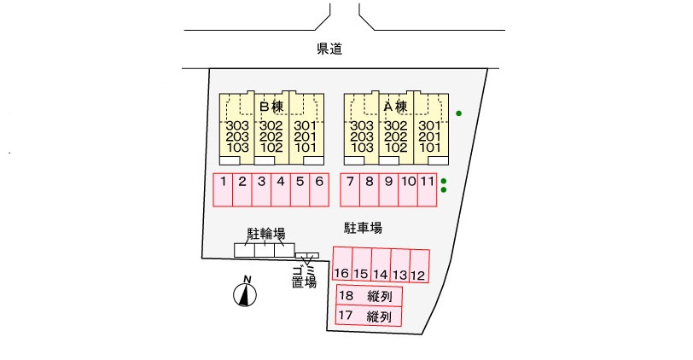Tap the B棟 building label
pos(271,107)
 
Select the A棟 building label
pos(394,107)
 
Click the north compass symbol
pos(246,293)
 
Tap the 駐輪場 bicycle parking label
pos(265,233)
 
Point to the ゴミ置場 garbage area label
pos(304,275)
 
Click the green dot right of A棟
pos(459,113)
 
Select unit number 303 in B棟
pos(236,126)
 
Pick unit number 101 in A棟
pos(429,147)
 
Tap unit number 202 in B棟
pos(271,136)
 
